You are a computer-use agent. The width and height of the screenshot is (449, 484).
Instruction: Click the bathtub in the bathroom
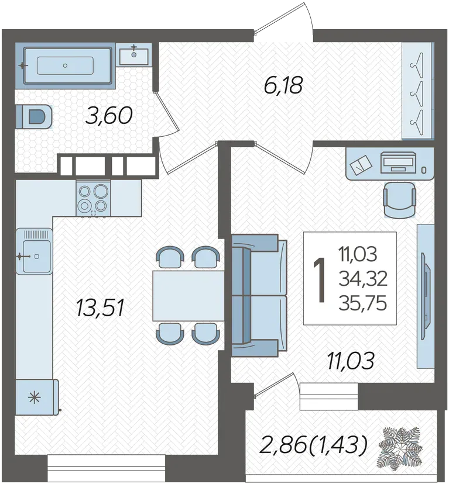click(65, 65)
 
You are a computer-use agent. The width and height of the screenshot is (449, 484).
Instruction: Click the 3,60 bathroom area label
click(109, 116)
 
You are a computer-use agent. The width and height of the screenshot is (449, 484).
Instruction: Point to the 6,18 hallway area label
click(283, 85)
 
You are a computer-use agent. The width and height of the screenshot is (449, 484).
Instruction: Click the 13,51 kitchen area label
click(100, 308)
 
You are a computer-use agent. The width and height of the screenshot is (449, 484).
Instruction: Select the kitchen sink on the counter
click(34, 251)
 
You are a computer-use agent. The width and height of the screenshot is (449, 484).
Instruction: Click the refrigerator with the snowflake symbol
click(36, 397)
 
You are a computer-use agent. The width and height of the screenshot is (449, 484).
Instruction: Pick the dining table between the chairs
click(188, 295)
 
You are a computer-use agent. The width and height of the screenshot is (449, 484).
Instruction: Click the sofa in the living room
click(259, 295)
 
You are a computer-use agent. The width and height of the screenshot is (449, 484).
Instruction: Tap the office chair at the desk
click(399, 199)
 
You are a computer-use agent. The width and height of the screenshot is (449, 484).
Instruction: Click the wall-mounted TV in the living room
click(426, 296)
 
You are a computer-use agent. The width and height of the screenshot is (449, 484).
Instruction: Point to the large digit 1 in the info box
click(320, 279)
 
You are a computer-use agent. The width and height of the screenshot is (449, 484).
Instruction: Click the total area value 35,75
click(362, 303)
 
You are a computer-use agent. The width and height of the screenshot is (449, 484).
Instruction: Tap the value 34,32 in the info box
click(363, 278)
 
